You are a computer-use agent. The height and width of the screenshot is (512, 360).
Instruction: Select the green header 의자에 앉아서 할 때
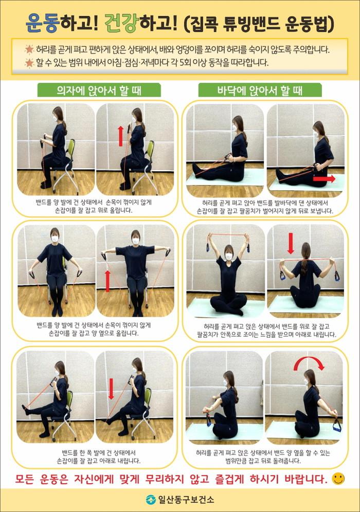[99, 90]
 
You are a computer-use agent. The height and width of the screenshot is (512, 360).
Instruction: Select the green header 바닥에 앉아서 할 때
[260, 90]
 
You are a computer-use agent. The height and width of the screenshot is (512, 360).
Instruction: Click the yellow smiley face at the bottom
[338, 479]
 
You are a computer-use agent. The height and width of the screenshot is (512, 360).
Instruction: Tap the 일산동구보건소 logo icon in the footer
[150, 499]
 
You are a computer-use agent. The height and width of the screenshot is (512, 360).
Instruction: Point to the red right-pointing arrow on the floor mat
[323, 178]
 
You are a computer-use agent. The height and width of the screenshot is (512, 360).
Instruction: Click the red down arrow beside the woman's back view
[291, 243]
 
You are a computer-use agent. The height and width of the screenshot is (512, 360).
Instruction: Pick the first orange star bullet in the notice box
[29, 50]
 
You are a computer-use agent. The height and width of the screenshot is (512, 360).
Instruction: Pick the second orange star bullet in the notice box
[29, 63]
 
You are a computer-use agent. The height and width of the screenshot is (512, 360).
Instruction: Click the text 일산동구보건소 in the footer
[186, 499]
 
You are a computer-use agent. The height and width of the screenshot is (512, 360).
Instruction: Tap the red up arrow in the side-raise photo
[108, 281]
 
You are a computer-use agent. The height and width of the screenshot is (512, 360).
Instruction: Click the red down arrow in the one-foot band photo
[111, 389]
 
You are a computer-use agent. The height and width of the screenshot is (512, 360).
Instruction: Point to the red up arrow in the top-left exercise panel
[120, 136]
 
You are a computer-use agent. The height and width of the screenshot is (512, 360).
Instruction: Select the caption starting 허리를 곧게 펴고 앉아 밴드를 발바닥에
[265, 207]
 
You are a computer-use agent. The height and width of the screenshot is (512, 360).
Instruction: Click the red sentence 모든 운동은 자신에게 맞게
[171, 479]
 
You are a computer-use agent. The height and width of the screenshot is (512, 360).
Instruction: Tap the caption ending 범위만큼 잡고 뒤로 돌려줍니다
[263, 457]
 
